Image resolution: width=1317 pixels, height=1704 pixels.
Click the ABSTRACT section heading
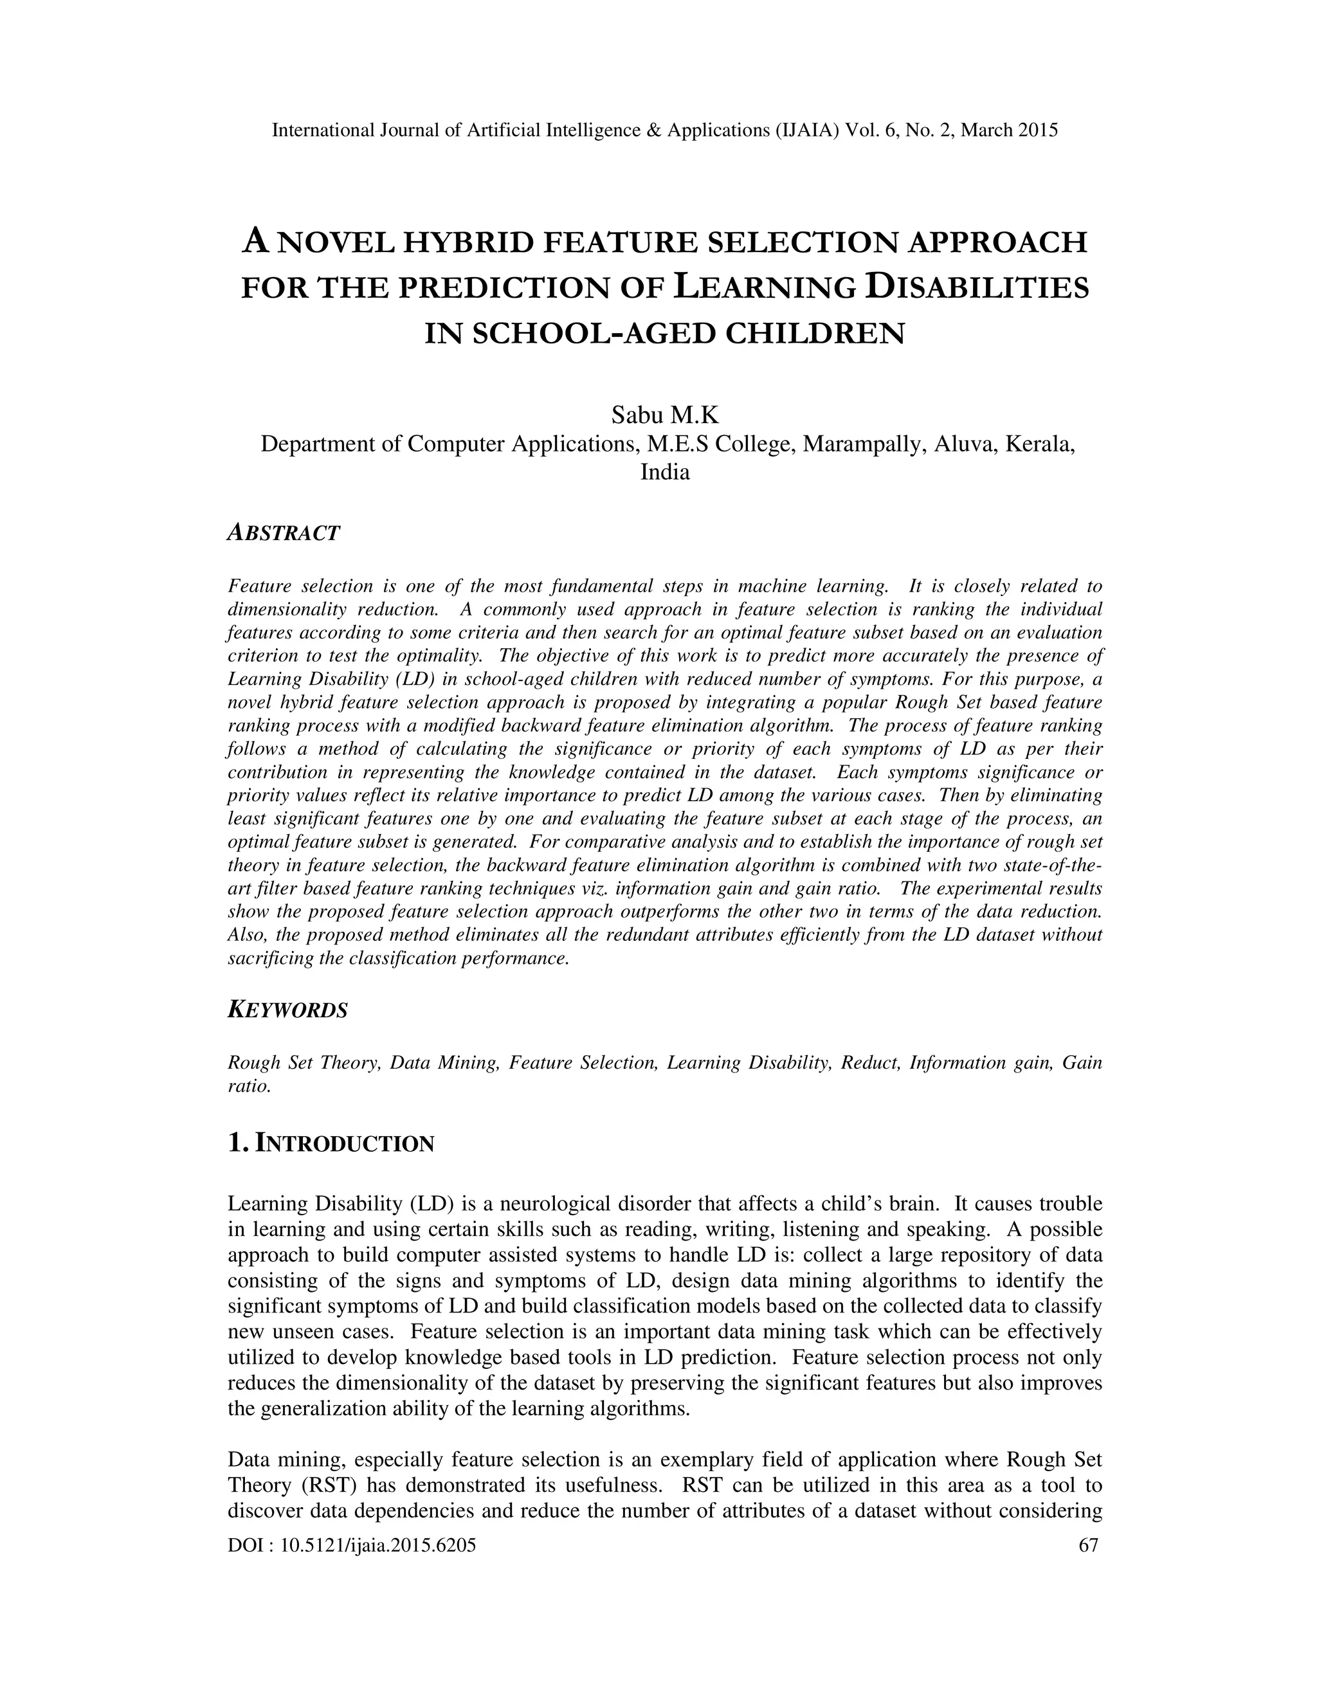[283, 534]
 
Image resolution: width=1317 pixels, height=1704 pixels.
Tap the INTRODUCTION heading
[344, 1145]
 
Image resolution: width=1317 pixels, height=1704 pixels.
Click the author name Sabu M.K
[665, 415]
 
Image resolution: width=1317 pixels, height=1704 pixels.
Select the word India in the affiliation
[665, 472]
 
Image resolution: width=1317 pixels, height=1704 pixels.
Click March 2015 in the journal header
[1009, 131]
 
